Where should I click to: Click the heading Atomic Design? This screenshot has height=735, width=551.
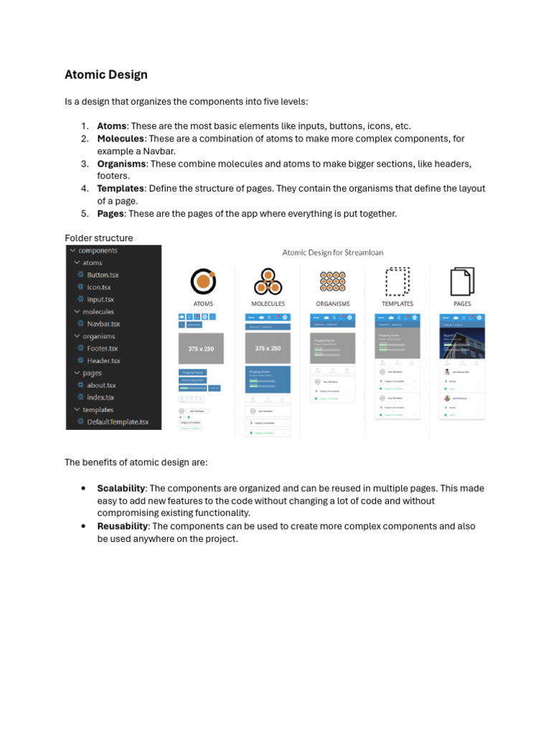(106, 75)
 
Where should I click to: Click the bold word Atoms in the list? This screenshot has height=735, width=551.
(112, 126)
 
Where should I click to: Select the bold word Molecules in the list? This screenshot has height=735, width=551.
(121, 138)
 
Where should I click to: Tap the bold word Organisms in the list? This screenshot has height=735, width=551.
(121, 164)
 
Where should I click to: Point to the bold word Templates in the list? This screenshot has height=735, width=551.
(121, 188)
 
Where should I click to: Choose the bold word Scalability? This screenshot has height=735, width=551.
(121, 488)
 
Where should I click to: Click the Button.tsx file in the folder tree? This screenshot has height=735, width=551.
(103, 275)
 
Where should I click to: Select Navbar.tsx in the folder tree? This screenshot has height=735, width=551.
(103, 324)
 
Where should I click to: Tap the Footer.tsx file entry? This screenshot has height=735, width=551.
(102, 348)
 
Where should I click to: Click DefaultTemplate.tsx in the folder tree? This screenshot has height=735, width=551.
(118, 422)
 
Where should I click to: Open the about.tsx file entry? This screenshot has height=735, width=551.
(101, 385)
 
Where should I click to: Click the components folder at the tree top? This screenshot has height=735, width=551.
(98, 251)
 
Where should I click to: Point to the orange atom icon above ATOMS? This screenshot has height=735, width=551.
(203, 281)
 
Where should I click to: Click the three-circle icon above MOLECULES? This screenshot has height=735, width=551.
(268, 281)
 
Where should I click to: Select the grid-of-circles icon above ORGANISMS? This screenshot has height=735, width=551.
(332, 281)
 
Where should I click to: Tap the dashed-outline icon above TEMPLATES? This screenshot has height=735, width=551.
(397, 281)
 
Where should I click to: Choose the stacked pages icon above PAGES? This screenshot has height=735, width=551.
(462, 281)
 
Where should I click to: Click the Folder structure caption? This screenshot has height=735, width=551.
(99, 238)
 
